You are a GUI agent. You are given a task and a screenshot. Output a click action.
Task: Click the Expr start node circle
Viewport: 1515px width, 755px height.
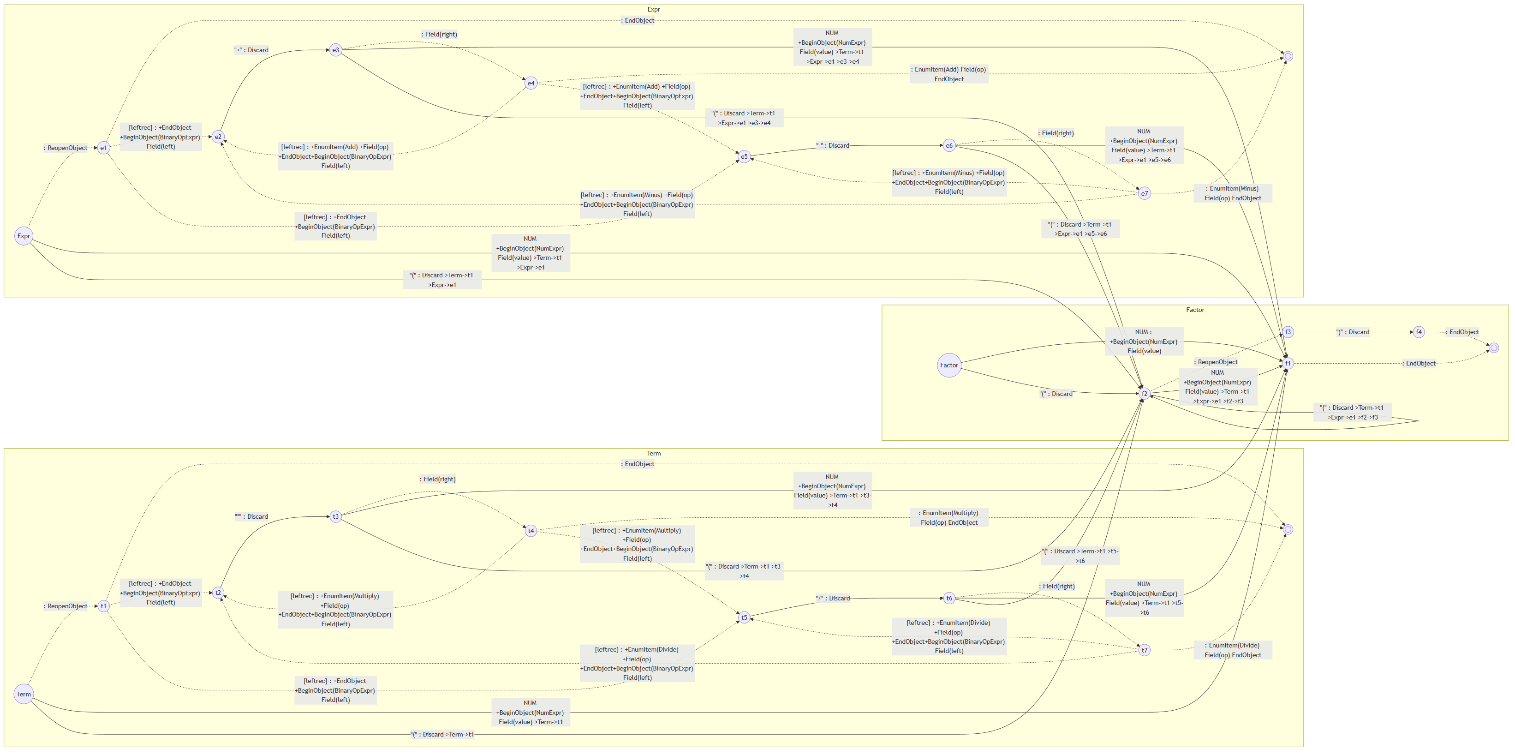click(x=24, y=236)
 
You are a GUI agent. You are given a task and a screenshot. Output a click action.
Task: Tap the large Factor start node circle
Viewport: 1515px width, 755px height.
click(x=948, y=366)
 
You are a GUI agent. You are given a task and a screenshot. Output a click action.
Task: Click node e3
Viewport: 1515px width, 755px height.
click(x=335, y=50)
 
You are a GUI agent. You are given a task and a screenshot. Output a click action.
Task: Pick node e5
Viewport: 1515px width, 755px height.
click(x=744, y=156)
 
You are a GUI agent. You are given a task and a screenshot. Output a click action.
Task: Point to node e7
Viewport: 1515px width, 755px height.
click(x=1144, y=193)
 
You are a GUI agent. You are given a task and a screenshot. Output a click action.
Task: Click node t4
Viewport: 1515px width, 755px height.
click(x=531, y=531)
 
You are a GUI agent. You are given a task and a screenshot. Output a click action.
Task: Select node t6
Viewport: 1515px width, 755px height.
click(x=948, y=599)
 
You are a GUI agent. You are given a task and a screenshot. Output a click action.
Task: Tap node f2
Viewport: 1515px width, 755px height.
click(x=1144, y=394)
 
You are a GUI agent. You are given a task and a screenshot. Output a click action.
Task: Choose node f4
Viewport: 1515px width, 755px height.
click(x=1419, y=332)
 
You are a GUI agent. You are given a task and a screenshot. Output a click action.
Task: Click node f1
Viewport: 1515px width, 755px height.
click(x=1288, y=363)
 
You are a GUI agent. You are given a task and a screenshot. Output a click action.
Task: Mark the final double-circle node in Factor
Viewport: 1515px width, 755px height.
click(x=1494, y=348)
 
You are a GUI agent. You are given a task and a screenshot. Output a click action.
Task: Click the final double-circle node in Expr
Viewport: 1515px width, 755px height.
click(x=1288, y=56)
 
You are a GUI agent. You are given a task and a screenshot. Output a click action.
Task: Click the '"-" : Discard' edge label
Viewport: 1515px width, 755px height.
click(x=832, y=145)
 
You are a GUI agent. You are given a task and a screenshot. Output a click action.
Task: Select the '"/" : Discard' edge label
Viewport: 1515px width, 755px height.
click(x=832, y=599)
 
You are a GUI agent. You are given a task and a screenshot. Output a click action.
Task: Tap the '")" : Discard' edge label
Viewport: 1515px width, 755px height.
click(x=1353, y=332)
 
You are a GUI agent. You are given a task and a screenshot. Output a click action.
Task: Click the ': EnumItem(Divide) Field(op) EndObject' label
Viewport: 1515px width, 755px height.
click(x=1232, y=650)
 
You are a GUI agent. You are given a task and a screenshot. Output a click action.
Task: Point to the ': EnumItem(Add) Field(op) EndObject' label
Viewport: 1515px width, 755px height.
click(x=948, y=74)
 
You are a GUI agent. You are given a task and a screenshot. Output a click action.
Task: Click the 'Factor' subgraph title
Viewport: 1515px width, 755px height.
click(x=1194, y=310)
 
